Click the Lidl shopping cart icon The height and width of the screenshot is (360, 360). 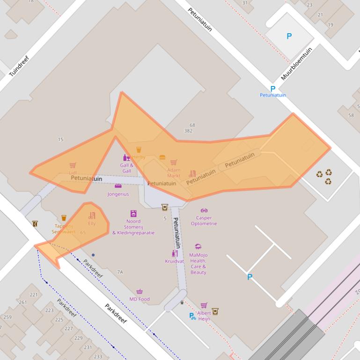coord(73,166)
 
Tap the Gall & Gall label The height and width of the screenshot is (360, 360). coord(126,168)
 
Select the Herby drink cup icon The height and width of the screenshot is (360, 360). coord(139,150)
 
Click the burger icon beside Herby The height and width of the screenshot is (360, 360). coord(162,158)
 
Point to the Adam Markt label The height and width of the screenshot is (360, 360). coord(174,173)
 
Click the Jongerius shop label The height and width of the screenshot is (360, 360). coord(118,194)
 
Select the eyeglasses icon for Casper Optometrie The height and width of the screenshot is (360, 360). coord(204,210)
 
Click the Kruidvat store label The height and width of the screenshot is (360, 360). coord(174,261)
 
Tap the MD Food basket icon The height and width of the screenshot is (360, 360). coord(140,292)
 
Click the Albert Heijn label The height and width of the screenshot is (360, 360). coord(204,316)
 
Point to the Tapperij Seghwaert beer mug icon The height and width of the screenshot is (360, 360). coord(64,218)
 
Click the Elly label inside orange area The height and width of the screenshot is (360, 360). coord(92,223)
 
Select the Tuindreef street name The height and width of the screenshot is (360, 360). coord(19,66)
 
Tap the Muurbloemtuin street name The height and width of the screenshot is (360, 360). coord(296,64)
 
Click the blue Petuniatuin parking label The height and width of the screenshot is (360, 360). coord(272,95)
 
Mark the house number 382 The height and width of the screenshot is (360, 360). coord(188,131)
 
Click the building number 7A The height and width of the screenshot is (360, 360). coord(120,272)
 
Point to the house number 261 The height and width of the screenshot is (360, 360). coord(22,302)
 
